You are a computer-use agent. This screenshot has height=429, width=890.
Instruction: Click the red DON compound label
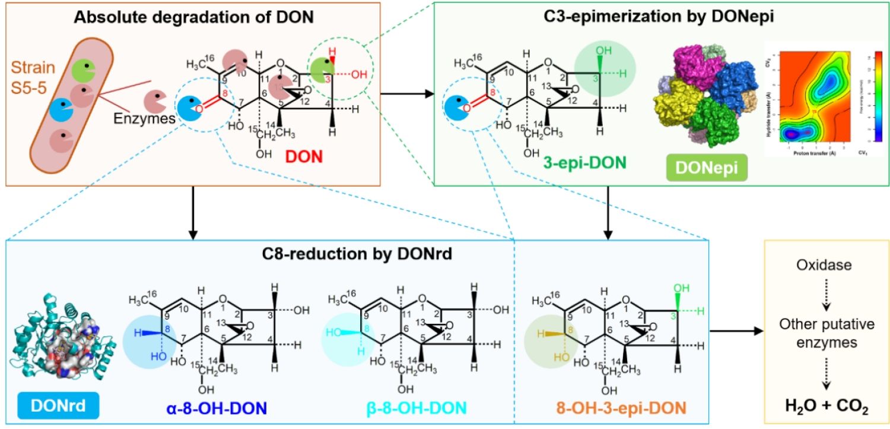tap(304, 157)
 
